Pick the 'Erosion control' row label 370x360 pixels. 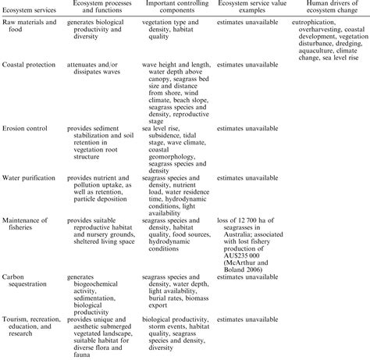pos(23,135)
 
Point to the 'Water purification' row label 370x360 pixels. pos(28,178)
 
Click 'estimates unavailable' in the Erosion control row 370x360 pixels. pos(246,135)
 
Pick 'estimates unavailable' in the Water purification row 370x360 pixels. pos(246,178)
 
